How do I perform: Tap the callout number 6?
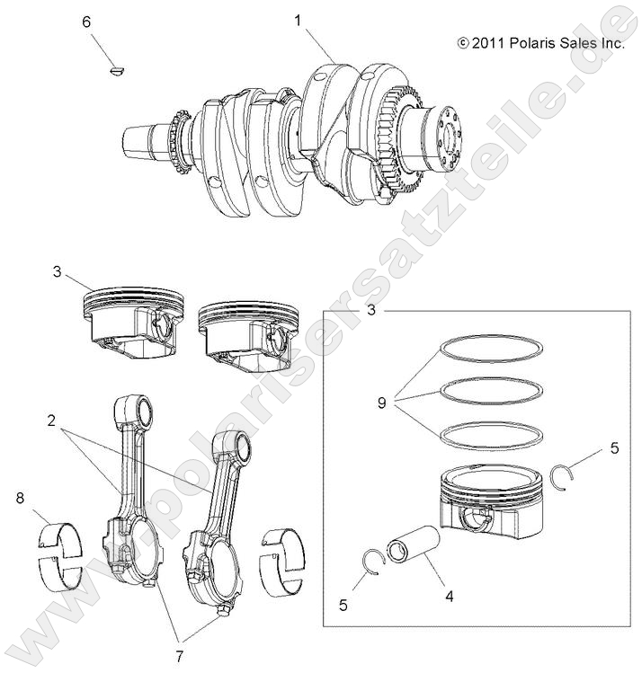tap(86, 21)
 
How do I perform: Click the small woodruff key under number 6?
tap(114, 67)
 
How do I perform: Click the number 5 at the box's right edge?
tap(614, 447)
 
